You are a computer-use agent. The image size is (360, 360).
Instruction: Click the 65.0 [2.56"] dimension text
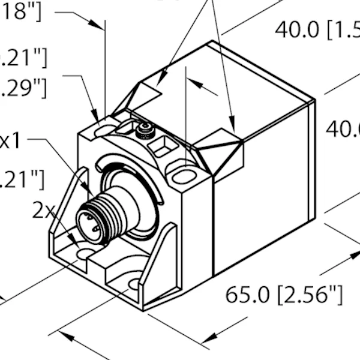284,295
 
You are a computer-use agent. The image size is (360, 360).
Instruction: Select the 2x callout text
43,210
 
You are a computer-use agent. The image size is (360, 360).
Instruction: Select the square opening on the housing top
163,145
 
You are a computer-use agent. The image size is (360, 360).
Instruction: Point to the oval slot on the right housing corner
185,176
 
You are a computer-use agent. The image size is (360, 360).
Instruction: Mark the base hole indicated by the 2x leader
85,254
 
